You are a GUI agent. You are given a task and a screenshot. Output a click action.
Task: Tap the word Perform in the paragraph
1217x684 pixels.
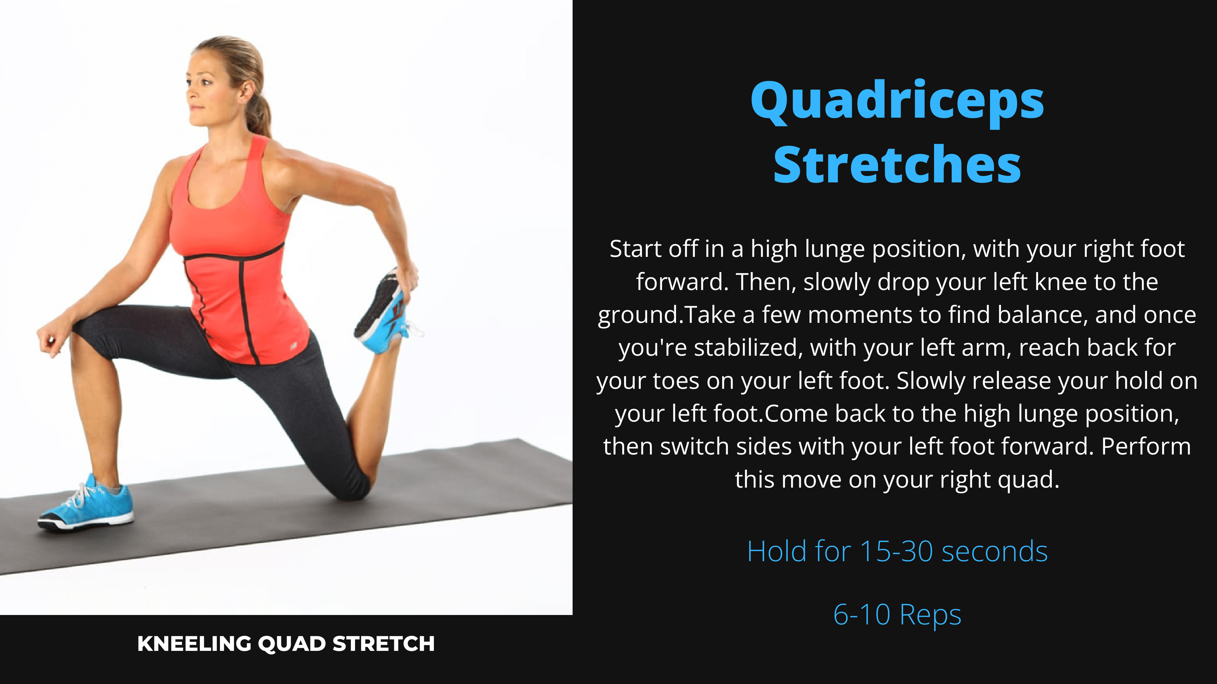click(x=1146, y=447)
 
